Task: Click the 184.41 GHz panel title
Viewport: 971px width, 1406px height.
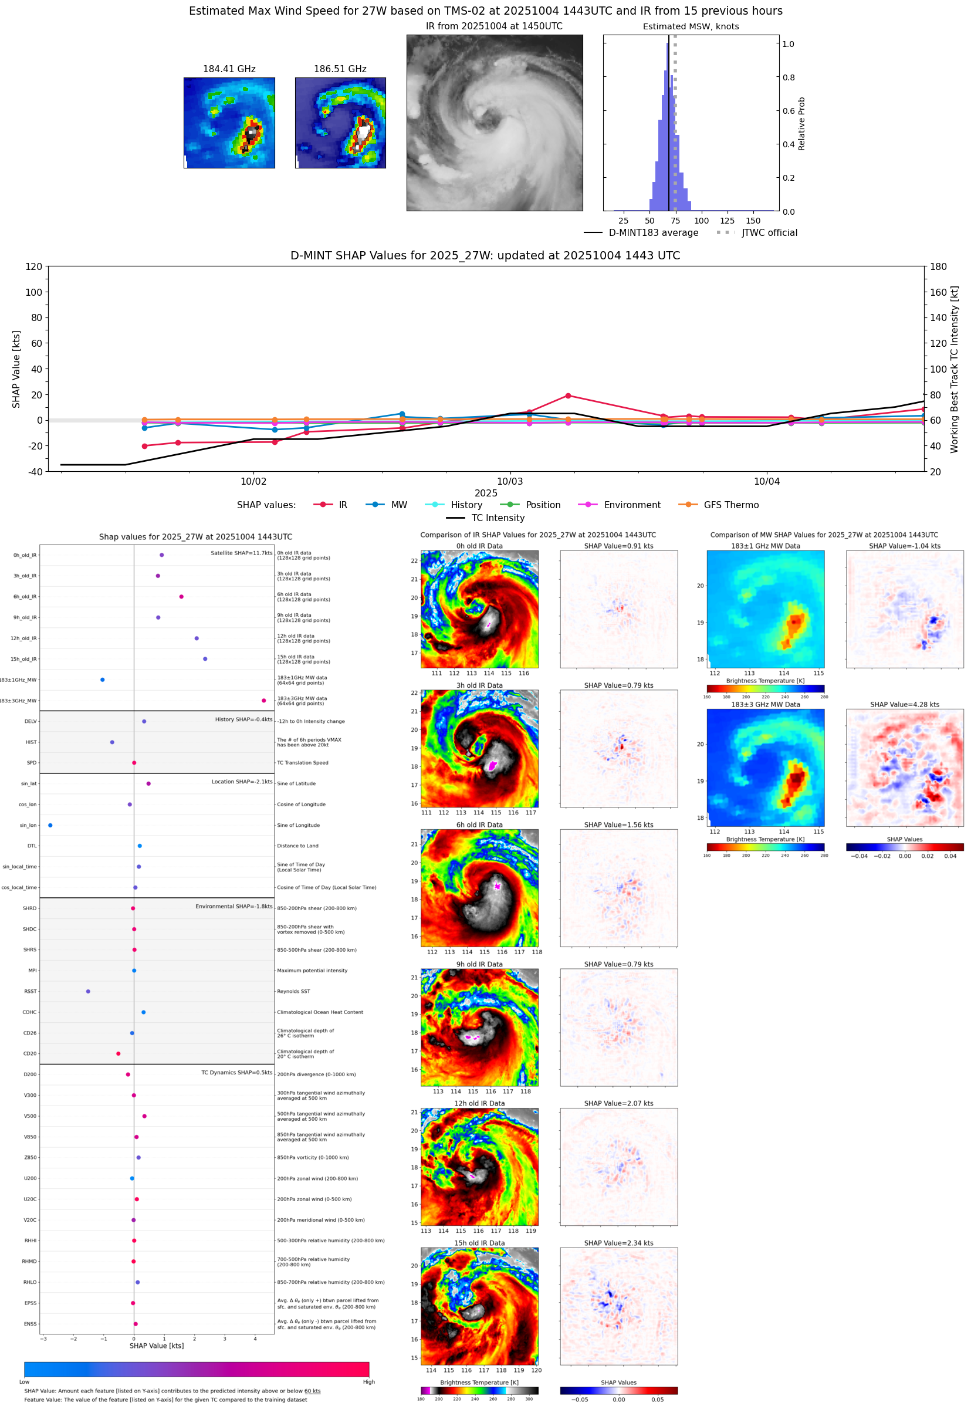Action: tap(229, 69)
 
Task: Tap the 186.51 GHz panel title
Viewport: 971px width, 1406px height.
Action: tap(340, 69)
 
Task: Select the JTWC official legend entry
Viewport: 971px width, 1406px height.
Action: tap(769, 232)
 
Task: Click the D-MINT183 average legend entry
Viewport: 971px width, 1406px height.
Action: tap(653, 232)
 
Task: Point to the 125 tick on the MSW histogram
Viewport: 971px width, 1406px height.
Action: tap(727, 221)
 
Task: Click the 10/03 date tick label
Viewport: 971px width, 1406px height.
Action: tap(510, 481)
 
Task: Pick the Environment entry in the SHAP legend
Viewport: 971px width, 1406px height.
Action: tap(631, 505)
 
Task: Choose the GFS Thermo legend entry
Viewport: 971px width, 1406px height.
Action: tap(730, 505)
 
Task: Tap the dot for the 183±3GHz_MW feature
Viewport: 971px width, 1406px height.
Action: tap(263, 700)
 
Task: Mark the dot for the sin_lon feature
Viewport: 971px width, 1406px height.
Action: tap(50, 825)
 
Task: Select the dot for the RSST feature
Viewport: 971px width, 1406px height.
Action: tap(88, 991)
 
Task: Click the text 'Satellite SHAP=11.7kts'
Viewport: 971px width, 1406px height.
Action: tap(241, 553)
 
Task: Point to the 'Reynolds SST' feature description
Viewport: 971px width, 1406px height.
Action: tap(293, 991)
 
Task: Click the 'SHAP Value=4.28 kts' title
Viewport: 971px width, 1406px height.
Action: tap(904, 705)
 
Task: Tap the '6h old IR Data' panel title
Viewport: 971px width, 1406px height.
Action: tap(479, 825)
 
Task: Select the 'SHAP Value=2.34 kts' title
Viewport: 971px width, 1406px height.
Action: tap(618, 1243)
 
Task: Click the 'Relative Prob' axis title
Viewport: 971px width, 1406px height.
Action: tap(801, 123)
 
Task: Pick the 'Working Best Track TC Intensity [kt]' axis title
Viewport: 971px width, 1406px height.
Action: tap(954, 369)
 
